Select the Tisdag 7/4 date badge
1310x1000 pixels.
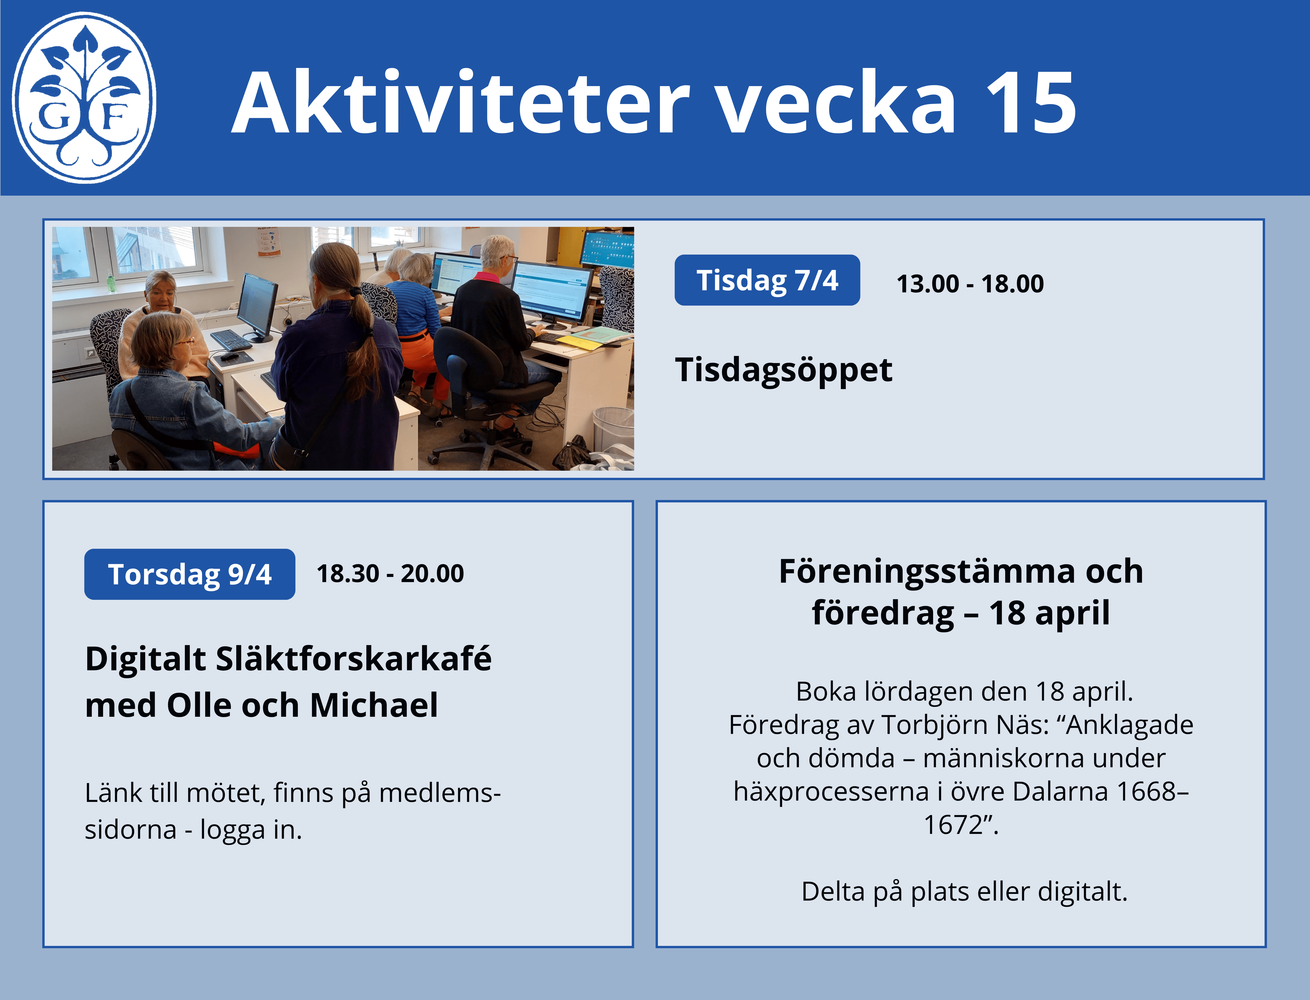click(767, 280)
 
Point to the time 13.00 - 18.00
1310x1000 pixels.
click(970, 283)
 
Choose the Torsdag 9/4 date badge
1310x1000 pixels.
click(189, 574)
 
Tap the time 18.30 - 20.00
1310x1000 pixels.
click(390, 573)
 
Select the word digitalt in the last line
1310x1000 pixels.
click(1082, 892)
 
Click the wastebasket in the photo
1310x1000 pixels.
click(613, 430)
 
